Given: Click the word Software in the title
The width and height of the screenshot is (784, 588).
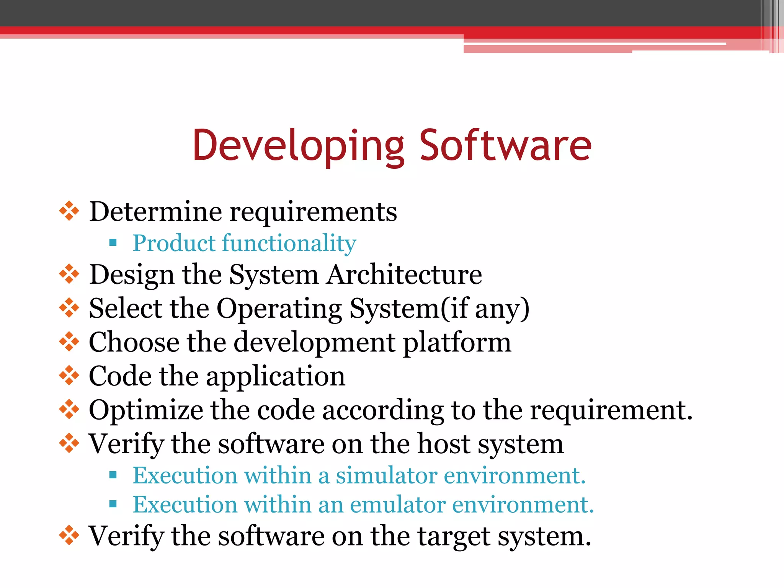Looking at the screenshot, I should pos(505,145).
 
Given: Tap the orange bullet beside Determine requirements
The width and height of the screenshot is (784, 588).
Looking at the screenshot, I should pos(69,211).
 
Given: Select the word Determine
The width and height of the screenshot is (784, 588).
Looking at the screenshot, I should pos(155,211).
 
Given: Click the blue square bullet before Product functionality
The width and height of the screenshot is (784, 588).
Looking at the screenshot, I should pos(113,242).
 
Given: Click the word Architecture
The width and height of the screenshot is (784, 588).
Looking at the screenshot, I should pos(404,274).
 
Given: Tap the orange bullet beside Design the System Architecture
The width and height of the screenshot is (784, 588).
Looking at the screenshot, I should pos(69,274).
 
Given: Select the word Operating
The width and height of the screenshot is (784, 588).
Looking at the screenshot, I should pos(279,309).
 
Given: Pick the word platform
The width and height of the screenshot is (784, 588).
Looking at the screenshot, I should pos(457,342).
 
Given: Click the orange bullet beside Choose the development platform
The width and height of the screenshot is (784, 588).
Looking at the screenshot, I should pos(69,341).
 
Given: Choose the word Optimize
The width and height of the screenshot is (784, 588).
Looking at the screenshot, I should pos(146,410).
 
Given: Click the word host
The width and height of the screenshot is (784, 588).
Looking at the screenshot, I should pos(444,444).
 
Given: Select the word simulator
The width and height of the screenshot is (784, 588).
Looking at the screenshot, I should pos(386,475).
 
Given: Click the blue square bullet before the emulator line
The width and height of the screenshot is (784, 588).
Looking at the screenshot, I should pos(113,504).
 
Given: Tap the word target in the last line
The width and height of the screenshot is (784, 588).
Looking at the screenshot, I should pos(454,536).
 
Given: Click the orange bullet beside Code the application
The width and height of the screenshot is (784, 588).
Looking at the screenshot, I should pos(69,376).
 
